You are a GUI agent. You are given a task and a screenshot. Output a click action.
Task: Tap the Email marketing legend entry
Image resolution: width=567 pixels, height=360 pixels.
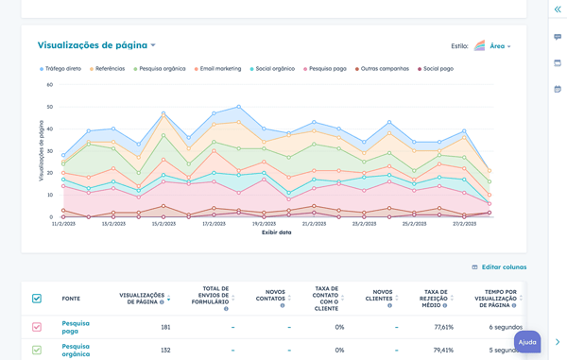(217, 69)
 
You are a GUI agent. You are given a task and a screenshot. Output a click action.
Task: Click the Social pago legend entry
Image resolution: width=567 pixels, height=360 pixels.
(438, 69)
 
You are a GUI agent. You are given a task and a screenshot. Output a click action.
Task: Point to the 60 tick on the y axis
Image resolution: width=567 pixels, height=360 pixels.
(49, 84)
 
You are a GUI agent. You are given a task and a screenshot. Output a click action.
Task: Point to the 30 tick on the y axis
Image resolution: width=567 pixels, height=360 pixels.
(49, 151)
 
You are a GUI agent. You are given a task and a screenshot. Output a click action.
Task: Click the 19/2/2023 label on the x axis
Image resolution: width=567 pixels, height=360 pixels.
(264, 224)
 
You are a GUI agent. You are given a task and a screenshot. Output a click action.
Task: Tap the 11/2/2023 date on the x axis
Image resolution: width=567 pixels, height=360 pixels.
(64, 224)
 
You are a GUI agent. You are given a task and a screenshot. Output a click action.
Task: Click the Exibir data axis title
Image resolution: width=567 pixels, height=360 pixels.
(276, 232)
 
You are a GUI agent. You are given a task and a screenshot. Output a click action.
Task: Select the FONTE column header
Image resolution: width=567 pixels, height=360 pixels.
(71, 299)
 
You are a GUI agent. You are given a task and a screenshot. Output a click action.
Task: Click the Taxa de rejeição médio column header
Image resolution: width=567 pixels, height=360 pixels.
(436, 299)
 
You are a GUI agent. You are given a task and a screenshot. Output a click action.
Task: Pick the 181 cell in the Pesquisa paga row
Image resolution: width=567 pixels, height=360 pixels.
(164, 327)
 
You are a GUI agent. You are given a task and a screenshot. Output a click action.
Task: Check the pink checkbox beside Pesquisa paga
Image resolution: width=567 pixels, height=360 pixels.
(37, 327)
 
